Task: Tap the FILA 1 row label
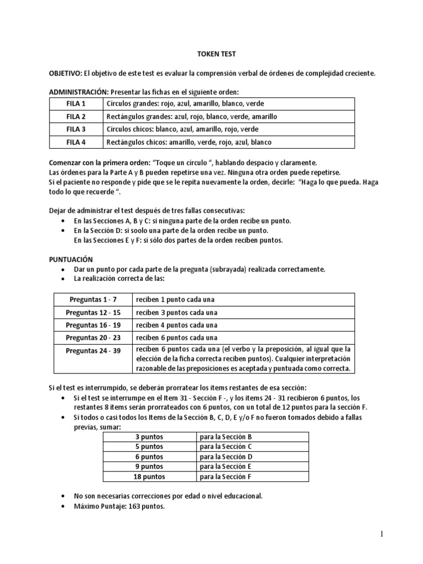76,104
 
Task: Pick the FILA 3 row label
76,129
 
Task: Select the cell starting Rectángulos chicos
189,142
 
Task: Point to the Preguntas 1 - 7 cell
93,300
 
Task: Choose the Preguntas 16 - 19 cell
93,325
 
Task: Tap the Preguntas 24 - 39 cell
93,350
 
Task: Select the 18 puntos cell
150,477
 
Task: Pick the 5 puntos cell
150,447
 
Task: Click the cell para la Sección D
226,457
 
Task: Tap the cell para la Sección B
226,437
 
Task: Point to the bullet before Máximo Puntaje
64,506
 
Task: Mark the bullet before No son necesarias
64,496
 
